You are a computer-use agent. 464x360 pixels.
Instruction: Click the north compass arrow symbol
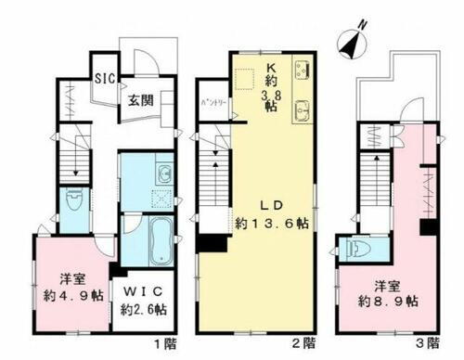(x=350, y=41)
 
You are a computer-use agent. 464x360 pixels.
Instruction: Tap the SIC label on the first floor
(x=104, y=78)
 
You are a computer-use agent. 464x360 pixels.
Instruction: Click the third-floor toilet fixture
(x=357, y=249)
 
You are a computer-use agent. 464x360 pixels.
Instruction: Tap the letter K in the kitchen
(x=271, y=66)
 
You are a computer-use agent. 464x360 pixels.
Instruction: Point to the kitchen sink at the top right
(x=303, y=69)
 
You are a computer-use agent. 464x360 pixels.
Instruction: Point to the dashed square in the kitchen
(x=244, y=79)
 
